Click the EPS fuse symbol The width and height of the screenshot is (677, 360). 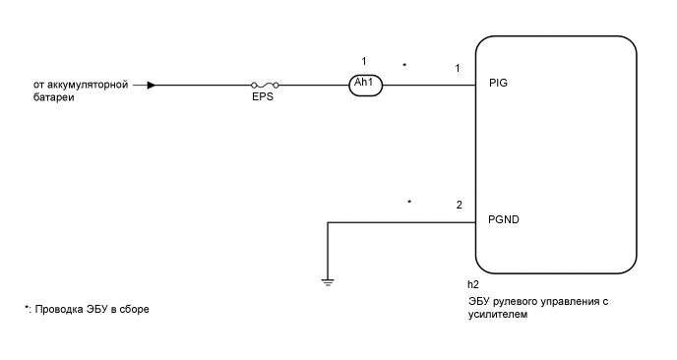(265, 85)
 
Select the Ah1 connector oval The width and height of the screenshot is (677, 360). (364, 84)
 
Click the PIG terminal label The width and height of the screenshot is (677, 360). (498, 84)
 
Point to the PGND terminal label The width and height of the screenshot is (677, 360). (504, 220)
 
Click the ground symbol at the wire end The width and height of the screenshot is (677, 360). (327, 282)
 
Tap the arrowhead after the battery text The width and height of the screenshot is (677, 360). (151, 85)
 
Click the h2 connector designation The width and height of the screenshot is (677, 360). (473, 284)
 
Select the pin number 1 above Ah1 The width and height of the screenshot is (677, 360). (364, 61)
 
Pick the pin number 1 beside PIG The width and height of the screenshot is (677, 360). (459, 68)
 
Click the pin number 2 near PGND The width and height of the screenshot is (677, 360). (459, 205)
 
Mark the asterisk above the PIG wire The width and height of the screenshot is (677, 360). (405, 65)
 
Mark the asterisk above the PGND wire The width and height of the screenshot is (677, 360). (409, 202)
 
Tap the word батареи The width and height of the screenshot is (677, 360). (54, 98)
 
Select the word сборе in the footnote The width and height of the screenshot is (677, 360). (133, 309)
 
